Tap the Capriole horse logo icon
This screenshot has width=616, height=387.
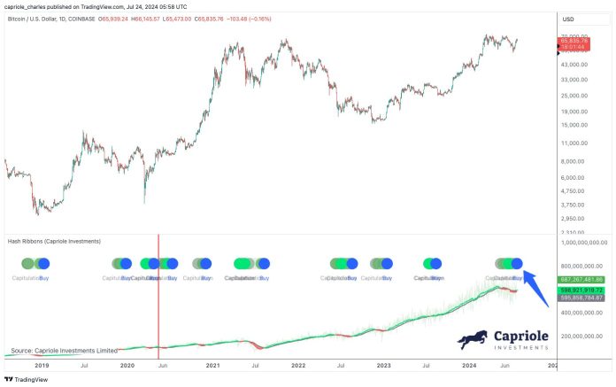(474, 339)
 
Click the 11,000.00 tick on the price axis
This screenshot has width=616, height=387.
(577, 143)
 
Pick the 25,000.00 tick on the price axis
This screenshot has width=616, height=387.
(577, 96)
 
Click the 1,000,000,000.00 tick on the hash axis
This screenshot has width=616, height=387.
(583, 241)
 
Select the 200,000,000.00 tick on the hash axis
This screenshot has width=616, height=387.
(580, 337)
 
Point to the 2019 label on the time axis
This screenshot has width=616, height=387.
(41, 364)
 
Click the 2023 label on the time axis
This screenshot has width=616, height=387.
(383, 364)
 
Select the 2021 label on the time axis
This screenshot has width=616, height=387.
(212, 364)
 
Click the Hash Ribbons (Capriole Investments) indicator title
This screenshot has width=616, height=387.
(53, 241)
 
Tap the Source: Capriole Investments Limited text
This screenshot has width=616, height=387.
(64, 351)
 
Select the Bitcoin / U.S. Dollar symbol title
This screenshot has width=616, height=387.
(44, 18)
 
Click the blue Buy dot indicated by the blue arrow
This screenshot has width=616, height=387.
(518, 263)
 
